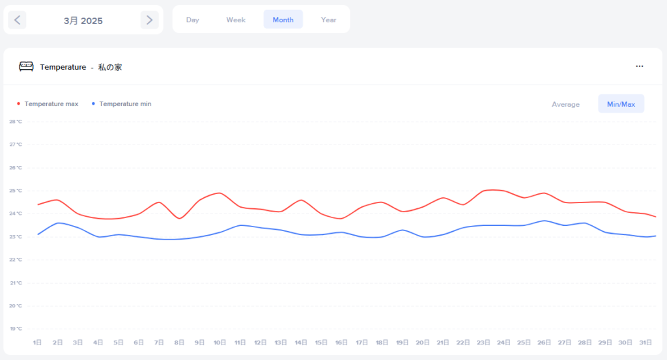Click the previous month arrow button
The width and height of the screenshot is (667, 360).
click(x=17, y=20)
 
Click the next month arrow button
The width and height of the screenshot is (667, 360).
click(x=149, y=20)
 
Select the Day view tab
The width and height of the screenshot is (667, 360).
click(x=192, y=20)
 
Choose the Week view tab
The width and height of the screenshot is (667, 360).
click(x=236, y=20)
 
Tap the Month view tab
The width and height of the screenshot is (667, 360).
click(x=283, y=20)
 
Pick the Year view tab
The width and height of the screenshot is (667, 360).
click(x=328, y=20)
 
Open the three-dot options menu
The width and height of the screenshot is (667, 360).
click(x=640, y=66)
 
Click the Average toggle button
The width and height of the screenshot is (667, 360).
click(x=565, y=104)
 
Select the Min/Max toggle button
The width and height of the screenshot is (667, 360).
click(x=621, y=104)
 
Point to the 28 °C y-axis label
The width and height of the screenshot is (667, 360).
click(x=16, y=122)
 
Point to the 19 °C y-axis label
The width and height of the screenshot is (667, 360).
click(x=16, y=329)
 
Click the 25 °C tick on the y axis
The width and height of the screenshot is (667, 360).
click(x=16, y=191)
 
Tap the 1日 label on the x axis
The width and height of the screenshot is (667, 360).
click(x=38, y=342)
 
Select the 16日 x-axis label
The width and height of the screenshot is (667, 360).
click(x=341, y=342)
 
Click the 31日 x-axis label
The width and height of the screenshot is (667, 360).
click(x=645, y=342)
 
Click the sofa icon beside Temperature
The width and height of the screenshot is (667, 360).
click(x=26, y=66)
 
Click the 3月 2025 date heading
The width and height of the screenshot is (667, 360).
click(x=83, y=21)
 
